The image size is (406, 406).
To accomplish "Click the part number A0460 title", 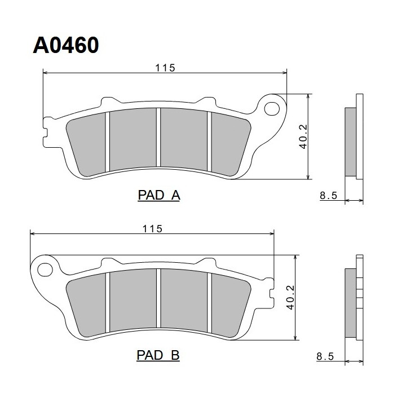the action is [x=66, y=45].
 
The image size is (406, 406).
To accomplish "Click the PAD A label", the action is [x=158, y=195].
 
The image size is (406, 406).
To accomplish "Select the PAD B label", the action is [x=158, y=355].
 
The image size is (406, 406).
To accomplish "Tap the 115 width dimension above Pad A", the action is [x=165, y=68].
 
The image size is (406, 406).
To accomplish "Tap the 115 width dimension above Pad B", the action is [x=152, y=228].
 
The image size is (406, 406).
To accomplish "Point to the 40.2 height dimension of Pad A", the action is [x=303, y=136].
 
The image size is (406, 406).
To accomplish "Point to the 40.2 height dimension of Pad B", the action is [x=290, y=297].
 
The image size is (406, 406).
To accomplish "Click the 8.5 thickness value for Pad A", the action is [x=328, y=195].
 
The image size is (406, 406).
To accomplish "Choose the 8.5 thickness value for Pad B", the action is [x=325, y=356].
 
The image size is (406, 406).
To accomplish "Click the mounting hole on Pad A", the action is [x=272, y=109].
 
